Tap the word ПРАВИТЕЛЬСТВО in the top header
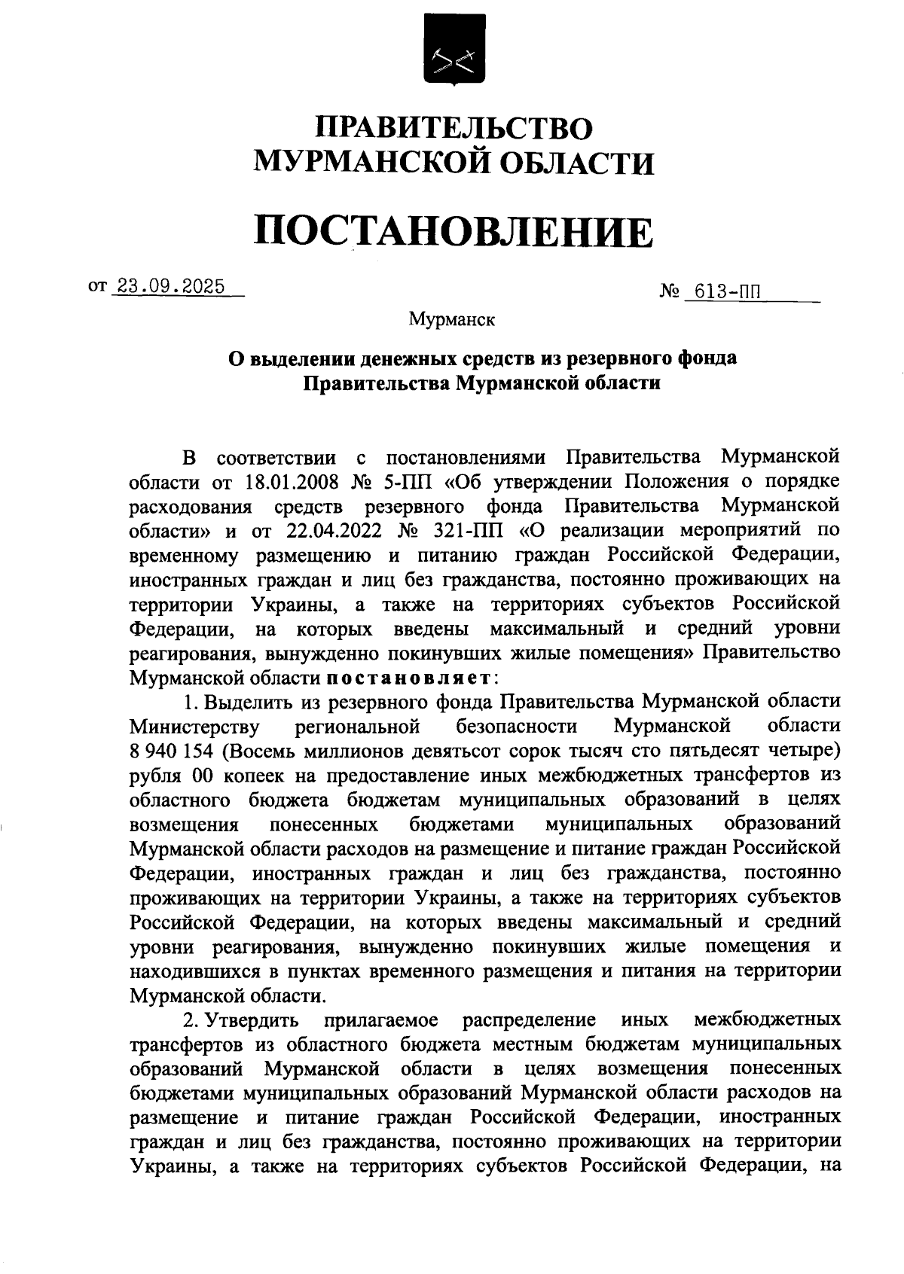tap(454, 126)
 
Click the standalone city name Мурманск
tap(452, 319)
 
